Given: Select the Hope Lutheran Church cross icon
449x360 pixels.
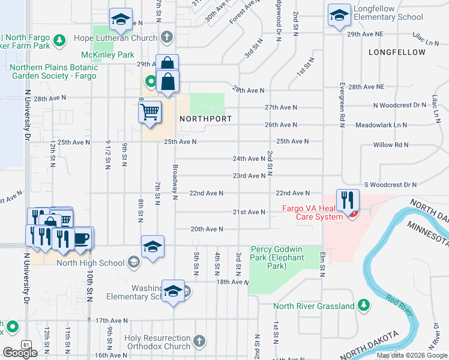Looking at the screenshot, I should [x=167, y=37].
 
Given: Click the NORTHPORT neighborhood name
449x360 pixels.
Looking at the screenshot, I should [x=205, y=119].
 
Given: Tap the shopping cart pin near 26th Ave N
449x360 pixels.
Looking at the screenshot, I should [x=150, y=112].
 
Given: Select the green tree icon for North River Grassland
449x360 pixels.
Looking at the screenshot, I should [x=363, y=306].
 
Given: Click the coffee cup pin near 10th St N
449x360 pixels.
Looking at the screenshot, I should [x=81, y=238].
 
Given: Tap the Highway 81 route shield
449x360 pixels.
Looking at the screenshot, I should [x=26, y=344].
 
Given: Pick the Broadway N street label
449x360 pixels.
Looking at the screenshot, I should [x=176, y=182].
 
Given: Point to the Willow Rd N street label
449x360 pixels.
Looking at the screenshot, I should [x=391, y=145].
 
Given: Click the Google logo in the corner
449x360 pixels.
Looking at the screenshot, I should [x=20, y=353].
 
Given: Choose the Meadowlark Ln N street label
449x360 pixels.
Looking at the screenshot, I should [x=381, y=125].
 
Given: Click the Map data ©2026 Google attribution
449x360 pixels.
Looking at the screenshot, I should [x=412, y=355].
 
